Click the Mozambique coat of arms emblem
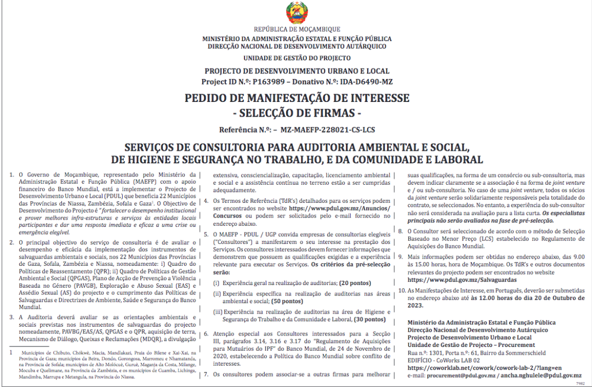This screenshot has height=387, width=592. pyautogui.click(x=297, y=13)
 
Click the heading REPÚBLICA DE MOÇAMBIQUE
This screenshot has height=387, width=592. pyautogui.click(x=297, y=29)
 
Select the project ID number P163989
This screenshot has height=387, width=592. pyautogui.click(x=269, y=82)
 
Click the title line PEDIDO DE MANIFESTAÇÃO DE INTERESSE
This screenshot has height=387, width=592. pyautogui.click(x=297, y=99)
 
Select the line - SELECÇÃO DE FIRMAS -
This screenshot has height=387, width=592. pyautogui.click(x=297, y=113)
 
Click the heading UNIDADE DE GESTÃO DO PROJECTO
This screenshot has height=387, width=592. pyautogui.click(x=297, y=58)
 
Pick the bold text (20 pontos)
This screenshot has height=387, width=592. pyautogui.click(x=355, y=283)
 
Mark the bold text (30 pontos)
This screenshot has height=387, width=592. pyautogui.click(x=369, y=319)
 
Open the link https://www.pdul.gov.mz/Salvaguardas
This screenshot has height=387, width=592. pyautogui.click(x=454, y=280)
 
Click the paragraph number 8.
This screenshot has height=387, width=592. pyautogui.click(x=401, y=231)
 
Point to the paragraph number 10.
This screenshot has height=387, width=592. pyautogui.click(x=402, y=290)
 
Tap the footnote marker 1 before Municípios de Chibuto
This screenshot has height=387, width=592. pyautogui.click(x=10, y=353)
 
